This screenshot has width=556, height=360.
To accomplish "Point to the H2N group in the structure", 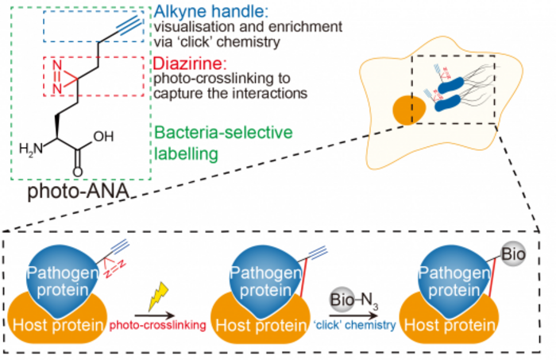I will [31, 147].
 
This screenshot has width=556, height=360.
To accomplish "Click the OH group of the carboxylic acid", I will [103, 136].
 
